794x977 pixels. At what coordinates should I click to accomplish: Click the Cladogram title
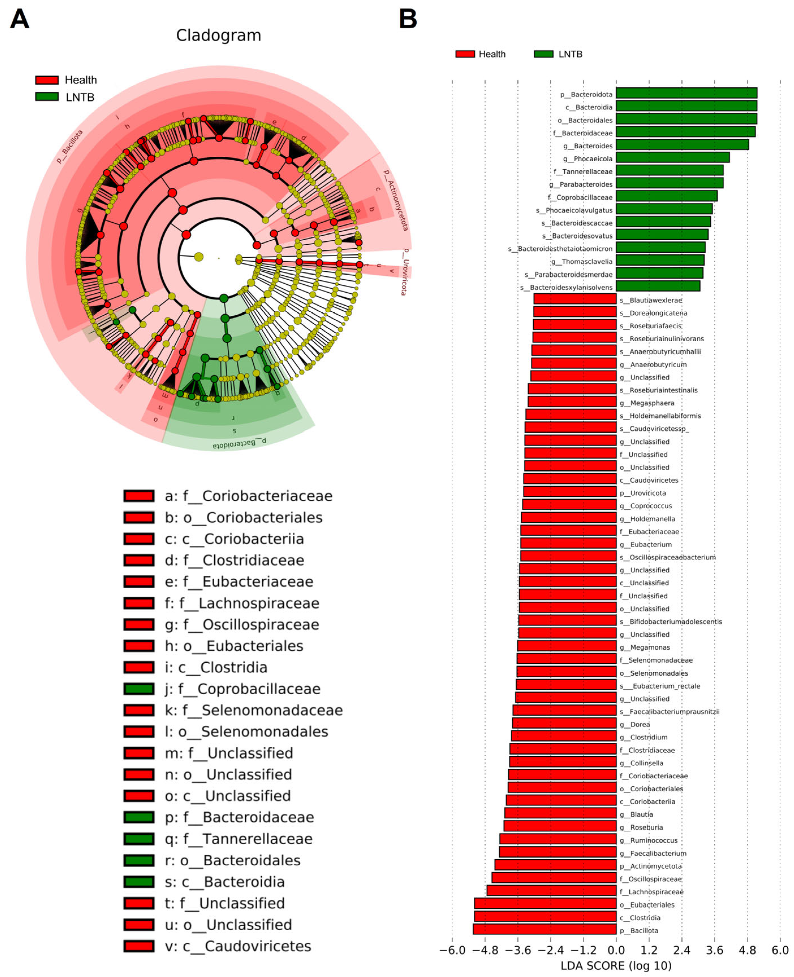(x=218, y=36)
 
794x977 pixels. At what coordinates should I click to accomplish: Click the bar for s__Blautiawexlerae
(x=575, y=299)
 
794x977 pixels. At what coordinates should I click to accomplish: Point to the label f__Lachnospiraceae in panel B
(x=655, y=892)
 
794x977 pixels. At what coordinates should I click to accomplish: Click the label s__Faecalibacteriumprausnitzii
(x=669, y=712)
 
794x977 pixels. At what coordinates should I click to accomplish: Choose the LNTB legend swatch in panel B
(x=543, y=54)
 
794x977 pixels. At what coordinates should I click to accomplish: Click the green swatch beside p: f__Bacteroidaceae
(x=139, y=817)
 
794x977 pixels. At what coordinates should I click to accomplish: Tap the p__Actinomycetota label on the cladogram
(x=396, y=200)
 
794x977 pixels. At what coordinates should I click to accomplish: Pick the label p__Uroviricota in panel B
(x=643, y=493)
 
